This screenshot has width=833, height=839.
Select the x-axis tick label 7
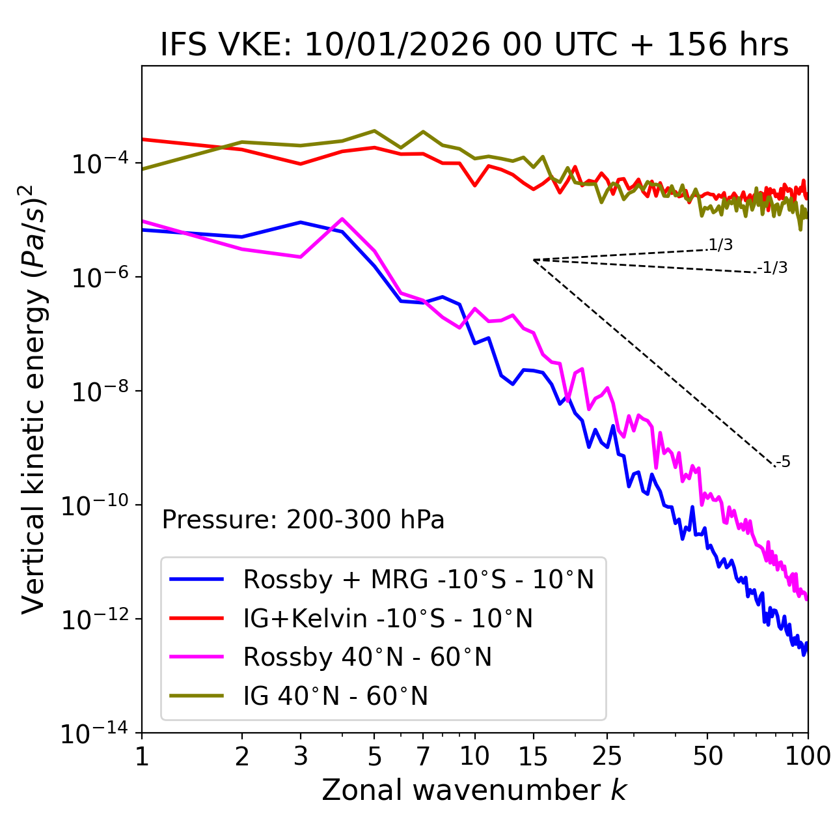click(423, 756)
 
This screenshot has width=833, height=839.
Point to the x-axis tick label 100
click(808, 756)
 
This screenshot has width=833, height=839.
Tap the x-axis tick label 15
click(534, 756)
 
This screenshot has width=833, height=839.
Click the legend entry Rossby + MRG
click(418, 579)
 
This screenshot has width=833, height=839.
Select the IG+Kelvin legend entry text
click(387, 618)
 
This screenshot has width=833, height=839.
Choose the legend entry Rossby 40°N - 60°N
click(367, 657)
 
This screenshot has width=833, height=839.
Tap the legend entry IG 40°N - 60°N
click(335, 696)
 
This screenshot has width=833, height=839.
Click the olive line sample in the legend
click(197, 696)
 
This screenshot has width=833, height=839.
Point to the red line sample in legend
click(197, 618)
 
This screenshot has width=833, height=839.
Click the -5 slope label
click(784, 462)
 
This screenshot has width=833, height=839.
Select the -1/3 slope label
click(773, 268)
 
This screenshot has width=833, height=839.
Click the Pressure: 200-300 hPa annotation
click(303, 520)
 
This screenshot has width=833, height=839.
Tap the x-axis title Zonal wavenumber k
click(474, 791)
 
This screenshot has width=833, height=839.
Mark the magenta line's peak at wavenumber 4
click(342, 219)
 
